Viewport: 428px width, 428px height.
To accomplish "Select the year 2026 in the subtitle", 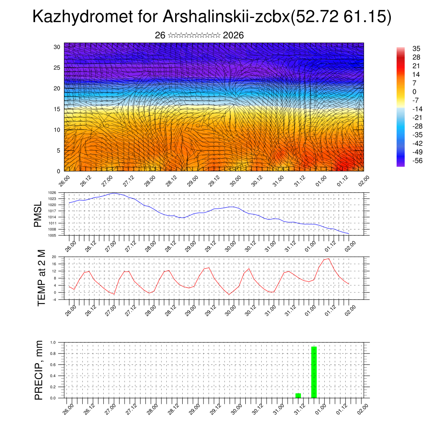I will coord(233,36).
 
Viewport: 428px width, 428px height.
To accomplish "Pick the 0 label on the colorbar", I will coord(414,92).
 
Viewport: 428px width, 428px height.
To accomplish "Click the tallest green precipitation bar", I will coord(314,372).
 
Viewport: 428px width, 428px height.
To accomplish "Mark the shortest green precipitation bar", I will coord(298,395).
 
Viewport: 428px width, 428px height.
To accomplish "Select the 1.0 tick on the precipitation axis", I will coord(53,342).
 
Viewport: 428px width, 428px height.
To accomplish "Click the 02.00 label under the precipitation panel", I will coord(362,409).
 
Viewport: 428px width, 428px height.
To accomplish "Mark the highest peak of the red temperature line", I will coord(329,258).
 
